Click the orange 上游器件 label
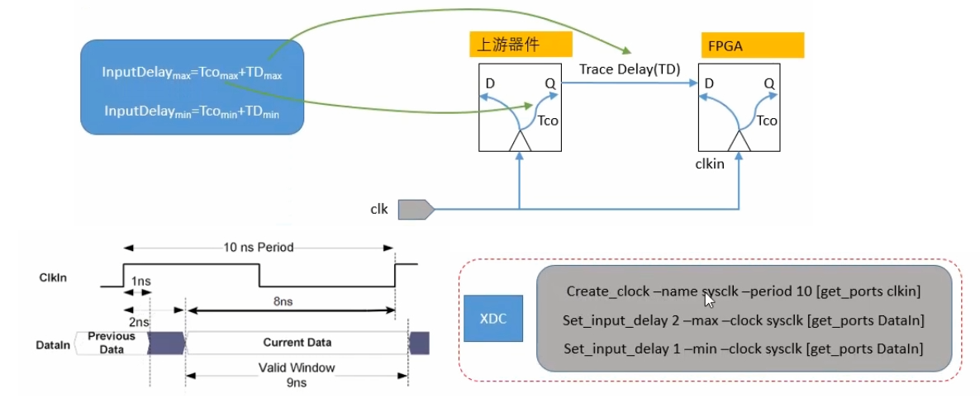click(x=508, y=45)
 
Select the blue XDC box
click(x=493, y=318)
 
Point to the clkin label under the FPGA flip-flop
click(x=710, y=164)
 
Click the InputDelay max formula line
click(x=192, y=73)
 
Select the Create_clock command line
click(x=743, y=291)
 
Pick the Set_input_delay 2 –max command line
click(x=743, y=320)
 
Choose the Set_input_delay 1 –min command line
click(x=743, y=348)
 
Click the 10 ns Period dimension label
click(x=258, y=247)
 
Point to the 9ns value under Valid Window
click(x=296, y=382)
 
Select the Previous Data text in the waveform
click(x=111, y=343)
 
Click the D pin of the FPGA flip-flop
click(x=709, y=83)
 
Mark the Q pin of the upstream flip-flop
click(x=549, y=83)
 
